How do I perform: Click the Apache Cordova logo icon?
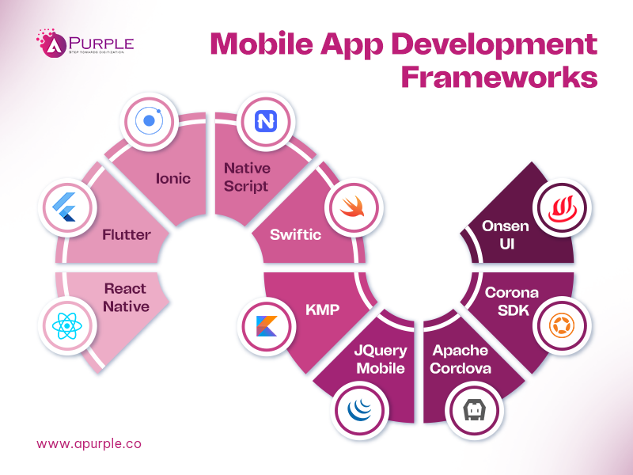(472, 410)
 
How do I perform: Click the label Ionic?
(173, 177)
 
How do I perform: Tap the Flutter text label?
(126, 234)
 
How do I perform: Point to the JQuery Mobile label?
(381, 359)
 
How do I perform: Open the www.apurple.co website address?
(89, 443)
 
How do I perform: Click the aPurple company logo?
(85, 44)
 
